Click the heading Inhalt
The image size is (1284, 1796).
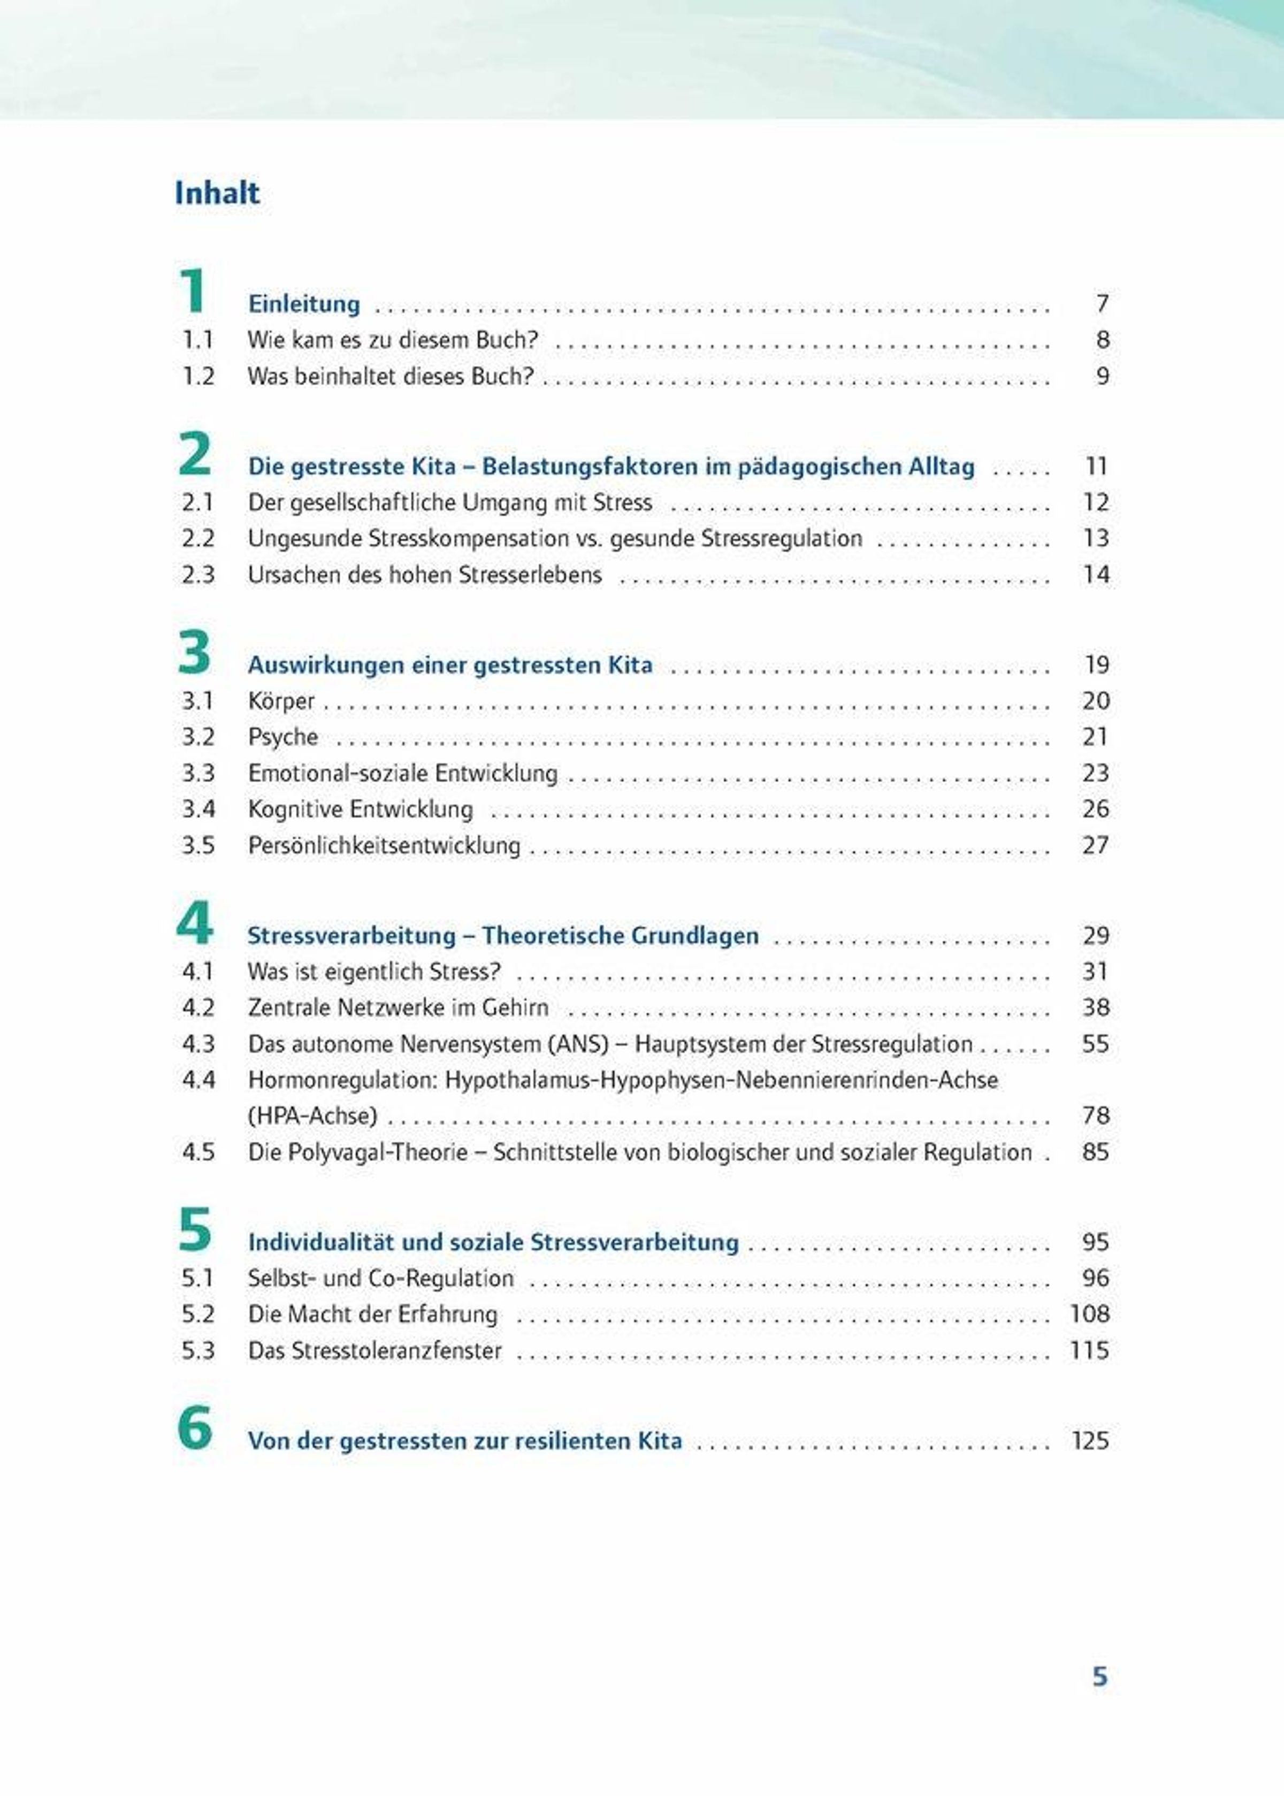pos(217,194)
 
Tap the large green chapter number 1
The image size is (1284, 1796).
pos(193,291)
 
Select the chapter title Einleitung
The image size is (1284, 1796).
pos(303,304)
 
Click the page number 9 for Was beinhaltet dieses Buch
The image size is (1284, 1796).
pos(1102,376)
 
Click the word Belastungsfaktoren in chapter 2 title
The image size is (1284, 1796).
pos(589,467)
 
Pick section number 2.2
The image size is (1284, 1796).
pos(197,538)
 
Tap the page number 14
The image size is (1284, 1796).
pos(1096,575)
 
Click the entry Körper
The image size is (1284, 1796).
pos(281,701)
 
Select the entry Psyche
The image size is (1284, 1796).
pos(282,737)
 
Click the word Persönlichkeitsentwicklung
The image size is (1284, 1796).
pos(384,845)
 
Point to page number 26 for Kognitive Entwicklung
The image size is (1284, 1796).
pos(1096,809)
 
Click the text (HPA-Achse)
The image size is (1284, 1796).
pos(312,1116)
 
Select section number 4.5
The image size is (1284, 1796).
pos(197,1152)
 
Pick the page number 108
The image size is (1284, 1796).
pos(1089,1314)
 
